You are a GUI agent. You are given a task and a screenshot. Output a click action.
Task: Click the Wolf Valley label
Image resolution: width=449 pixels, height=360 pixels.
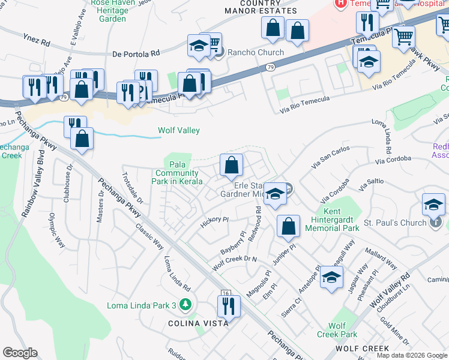tap(178, 130)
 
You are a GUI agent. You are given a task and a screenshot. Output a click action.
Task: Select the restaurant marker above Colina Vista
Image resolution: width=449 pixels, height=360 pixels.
tap(230, 305)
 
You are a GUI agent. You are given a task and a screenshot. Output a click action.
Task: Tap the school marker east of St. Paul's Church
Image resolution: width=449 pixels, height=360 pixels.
tap(433, 205)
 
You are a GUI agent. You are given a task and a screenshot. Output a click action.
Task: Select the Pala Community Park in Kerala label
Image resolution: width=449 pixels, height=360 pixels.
tap(177, 173)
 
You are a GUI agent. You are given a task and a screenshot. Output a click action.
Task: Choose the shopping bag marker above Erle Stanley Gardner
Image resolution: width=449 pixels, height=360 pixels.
tap(231, 164)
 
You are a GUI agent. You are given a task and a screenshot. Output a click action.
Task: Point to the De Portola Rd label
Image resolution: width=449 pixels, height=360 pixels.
tap(136, 53)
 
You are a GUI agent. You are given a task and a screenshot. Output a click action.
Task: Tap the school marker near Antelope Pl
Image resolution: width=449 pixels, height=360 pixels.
tap(331, 277)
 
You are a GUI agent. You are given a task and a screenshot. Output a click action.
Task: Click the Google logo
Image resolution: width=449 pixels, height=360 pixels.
tap(20, 353)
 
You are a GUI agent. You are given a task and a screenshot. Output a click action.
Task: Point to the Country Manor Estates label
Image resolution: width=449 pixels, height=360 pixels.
tap(261, 7)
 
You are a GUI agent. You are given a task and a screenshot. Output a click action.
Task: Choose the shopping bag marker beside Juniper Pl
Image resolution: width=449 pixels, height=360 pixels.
tap(289, 226)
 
